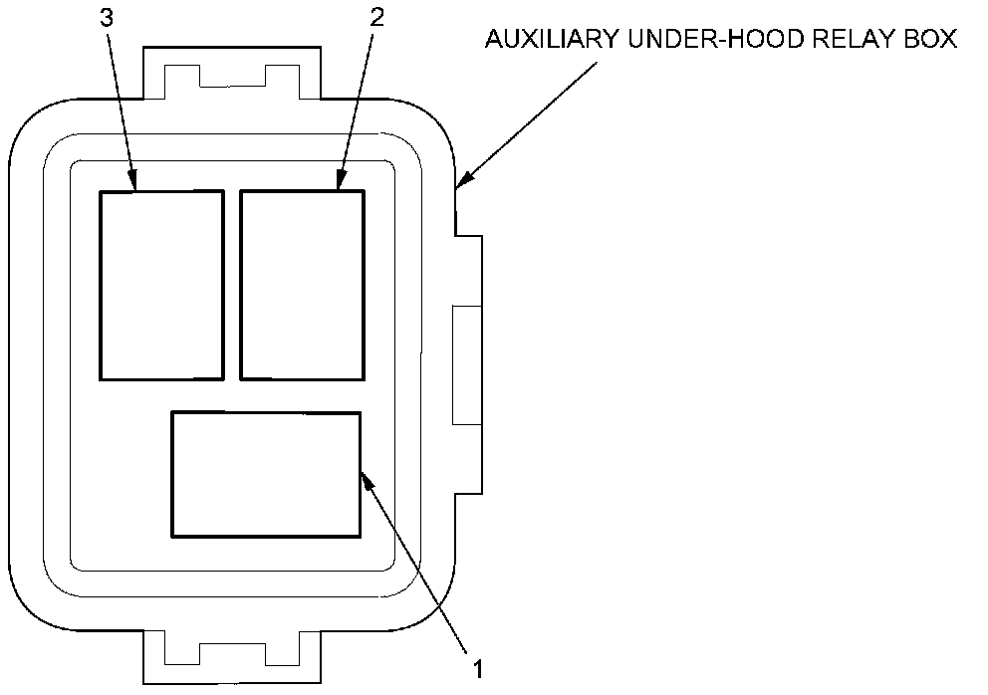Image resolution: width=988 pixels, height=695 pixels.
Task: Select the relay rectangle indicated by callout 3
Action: tap(161, 285)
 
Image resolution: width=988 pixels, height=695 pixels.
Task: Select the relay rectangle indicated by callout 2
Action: tap(303, 285)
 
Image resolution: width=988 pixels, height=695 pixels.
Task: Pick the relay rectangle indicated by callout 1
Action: tap(266, 475)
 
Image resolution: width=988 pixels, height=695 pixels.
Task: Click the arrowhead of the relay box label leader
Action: tap(461, 182)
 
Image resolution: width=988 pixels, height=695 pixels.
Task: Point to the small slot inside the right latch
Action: tap(467, 364)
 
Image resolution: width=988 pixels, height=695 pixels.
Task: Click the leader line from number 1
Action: tap(419, 568)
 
